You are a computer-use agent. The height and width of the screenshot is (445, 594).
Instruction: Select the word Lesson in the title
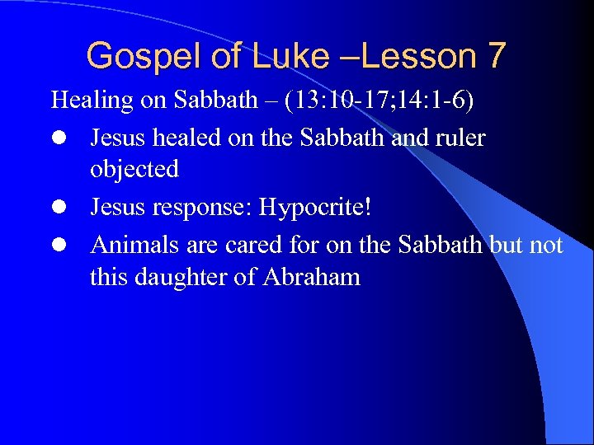pyautogui.click(x=413, y=56)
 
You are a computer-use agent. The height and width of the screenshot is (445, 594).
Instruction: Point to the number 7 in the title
pyautogui.click(x=497, y=56)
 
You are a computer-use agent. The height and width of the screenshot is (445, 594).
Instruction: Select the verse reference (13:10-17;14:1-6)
pyautogui.click(x=378, y=101)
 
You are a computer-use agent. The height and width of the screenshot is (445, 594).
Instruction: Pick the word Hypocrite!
pyautogui.click(x=315, y=207)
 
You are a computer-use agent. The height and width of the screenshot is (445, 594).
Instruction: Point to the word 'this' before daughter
pyautogui.click(x=109, y=276)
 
